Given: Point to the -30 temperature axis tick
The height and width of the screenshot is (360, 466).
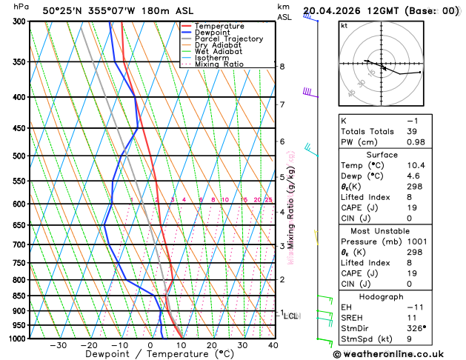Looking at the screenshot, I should pyautogui.click(x=59, y=345).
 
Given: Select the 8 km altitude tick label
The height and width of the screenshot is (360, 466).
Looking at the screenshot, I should pyautogui.click(x=282, y=67).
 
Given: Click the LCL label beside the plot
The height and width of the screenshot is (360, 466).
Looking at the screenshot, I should pyautogui.click(x=291, y=316).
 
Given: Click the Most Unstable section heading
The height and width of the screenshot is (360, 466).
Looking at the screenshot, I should pyautogui.click(x=396, y=231).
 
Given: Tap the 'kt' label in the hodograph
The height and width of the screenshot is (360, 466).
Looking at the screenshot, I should pyautogui.click(x=344, y=25).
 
